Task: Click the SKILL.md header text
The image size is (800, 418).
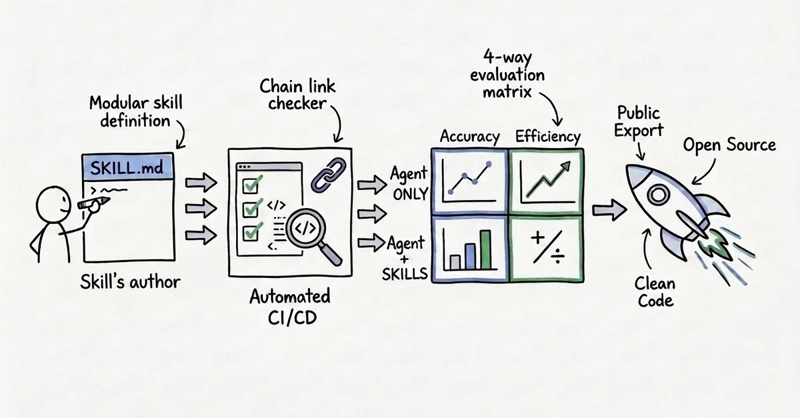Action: tap(127, 167)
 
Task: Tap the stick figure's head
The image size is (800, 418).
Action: tap(53, 203)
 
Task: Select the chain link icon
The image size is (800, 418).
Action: tap(328, 175)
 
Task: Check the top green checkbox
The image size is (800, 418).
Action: tap(251, 185)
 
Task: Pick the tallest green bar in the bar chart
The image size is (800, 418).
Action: tap(485, 249)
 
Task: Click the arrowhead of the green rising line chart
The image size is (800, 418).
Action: tap(565, 167)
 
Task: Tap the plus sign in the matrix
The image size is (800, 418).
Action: tap(537, 237)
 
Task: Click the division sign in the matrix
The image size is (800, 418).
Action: tap(557, 256)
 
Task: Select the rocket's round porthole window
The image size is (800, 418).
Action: tap(658, 195)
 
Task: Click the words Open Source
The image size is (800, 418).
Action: tap(729, 145)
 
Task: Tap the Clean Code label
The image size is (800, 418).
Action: tap(655, 292)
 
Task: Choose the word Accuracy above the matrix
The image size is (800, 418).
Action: tap(469, 137)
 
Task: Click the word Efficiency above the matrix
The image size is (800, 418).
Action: tap(548, 137)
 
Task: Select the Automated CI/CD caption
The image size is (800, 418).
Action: tap(290, 307)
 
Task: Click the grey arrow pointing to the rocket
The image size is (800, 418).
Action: tap(609, 210)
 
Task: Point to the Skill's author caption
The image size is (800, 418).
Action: tap(131, 282)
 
